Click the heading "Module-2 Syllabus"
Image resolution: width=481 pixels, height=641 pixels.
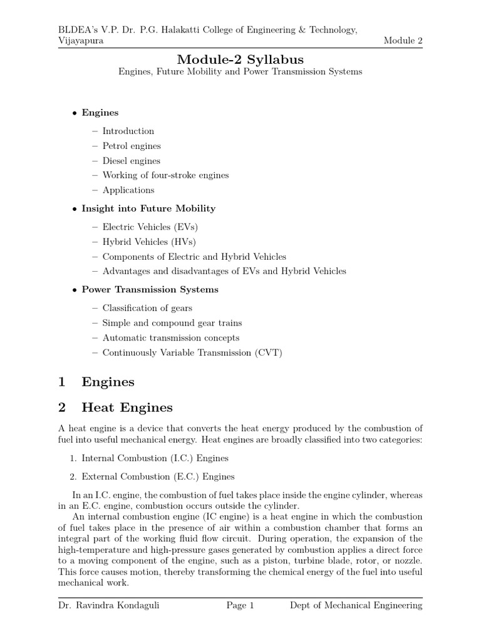(240, 59)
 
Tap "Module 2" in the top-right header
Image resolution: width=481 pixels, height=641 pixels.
(403, 41)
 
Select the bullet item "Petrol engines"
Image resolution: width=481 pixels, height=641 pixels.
(132, 146)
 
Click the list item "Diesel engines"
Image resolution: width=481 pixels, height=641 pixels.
(132, 161)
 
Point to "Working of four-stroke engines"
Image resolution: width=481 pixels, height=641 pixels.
(165, 175)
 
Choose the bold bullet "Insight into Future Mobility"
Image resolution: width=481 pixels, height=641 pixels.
(148, 208)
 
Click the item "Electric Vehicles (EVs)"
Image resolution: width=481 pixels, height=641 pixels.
(150, 227)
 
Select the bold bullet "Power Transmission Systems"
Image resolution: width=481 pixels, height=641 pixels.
(150, 290)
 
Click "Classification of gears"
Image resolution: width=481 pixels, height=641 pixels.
(147, 308)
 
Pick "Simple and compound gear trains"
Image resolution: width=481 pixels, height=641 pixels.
(172, 323)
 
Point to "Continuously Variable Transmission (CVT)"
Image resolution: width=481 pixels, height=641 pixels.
(192, 353)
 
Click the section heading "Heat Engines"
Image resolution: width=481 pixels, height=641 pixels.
(127, 408)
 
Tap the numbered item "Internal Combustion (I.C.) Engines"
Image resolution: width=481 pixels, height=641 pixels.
(155, 458)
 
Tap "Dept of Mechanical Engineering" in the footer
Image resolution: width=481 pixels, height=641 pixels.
(356, 605)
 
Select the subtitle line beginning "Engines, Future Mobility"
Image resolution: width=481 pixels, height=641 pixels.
(240, 72)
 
